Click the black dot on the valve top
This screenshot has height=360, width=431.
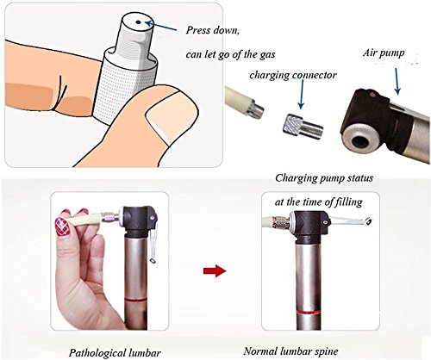[138, 22]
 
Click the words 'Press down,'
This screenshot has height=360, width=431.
[212, 30]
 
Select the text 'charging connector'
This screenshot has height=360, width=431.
[293, 75]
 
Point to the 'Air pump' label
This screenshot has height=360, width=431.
[384, 53]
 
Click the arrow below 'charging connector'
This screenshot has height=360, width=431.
[301, 95]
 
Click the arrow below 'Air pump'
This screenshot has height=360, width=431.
[397, 81]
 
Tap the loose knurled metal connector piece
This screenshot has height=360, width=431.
[304, 127]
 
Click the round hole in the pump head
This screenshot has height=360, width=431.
[361, 140]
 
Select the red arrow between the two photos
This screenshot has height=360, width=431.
[215, 270]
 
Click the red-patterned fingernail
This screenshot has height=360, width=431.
[62, 227]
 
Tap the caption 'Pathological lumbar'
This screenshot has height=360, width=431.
[115, 352]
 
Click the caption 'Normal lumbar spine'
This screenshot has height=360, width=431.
[290, 351]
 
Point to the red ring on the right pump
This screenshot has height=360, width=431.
[308, 312]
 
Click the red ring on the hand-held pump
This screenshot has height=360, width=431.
[135, 299]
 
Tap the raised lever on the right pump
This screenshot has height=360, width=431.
[351, 220]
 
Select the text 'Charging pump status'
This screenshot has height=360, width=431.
[324, 178]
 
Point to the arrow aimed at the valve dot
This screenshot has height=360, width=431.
[161, 26]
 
